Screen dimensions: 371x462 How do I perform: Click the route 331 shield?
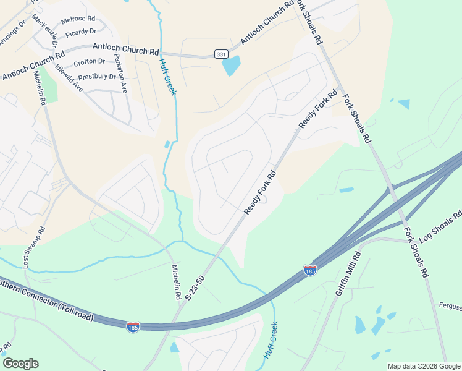(x=220, y=54)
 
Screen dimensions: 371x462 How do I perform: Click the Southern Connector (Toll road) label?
(x=46, y=304)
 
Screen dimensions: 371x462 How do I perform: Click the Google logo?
(x=20, y=364)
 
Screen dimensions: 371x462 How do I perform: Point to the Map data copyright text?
(x=423, y=366)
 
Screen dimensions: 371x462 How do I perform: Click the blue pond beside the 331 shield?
(x=231, y=64)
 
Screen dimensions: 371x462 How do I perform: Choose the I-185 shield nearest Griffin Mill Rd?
(x=310, y=270)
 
